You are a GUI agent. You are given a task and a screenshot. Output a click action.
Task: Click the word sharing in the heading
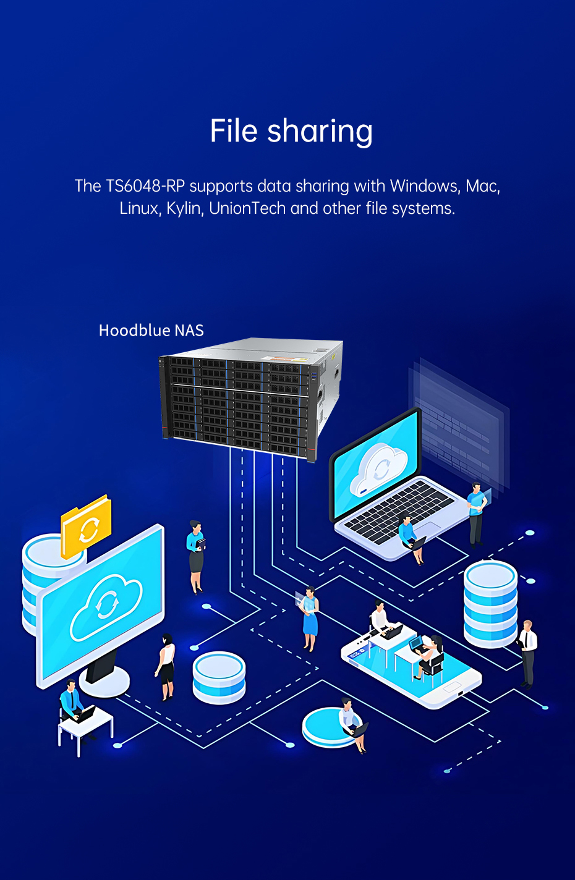[x=320, y=132]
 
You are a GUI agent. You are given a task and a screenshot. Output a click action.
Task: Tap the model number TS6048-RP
[x=145, y=186]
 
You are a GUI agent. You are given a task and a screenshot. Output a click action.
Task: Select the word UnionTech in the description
[x=247, y=208]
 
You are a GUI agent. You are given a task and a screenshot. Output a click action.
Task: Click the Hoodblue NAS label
[x=151, y=331]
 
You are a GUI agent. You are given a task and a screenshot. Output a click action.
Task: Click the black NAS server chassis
[x=250, y=399]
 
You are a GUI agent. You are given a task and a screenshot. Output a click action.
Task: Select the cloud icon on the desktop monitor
[x=106, y=607]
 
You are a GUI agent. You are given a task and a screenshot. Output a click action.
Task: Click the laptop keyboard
[x=399, y=511]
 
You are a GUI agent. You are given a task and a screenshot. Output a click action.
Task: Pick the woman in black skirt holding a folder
[x=196, y=557]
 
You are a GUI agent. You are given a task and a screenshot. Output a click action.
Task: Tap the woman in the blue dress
[x=309, y=619]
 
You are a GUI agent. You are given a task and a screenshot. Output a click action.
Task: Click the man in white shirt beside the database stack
[x=528, y=654]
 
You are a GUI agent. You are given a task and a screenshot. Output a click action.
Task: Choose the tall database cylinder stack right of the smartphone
[x=490, y=604]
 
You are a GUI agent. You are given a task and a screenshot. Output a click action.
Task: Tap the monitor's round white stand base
[x=104, y=682]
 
